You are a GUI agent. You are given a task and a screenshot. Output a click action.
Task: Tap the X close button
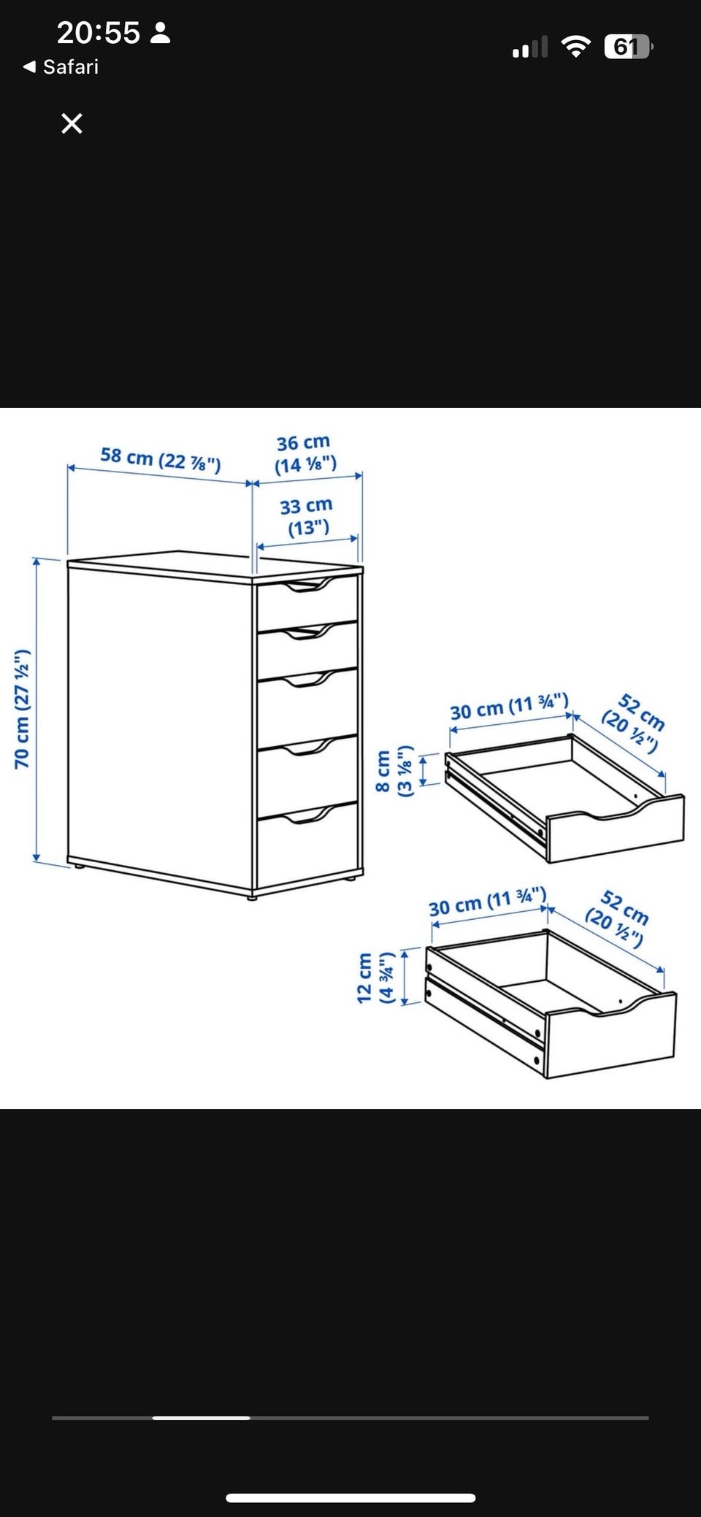coord(72,123)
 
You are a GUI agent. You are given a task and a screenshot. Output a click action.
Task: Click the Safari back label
coord(61,67)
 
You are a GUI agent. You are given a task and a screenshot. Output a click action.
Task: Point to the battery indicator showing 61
coord(628,47)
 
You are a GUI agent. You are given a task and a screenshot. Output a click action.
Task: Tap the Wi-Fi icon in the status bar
coord(576,47)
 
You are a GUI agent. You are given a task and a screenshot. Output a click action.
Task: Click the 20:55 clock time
coord(98,33)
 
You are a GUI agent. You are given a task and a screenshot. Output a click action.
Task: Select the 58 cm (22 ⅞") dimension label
coord(161,459)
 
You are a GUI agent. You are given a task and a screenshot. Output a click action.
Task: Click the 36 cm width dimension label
coord(305,453)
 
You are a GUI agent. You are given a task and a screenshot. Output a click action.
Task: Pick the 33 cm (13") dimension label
coord(307,516)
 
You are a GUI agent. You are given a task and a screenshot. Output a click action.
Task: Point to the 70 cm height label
coord(22,708)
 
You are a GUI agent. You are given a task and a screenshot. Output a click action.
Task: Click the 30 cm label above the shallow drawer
coord(509,706)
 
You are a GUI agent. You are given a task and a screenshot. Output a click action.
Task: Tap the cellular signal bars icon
coord(530,47)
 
